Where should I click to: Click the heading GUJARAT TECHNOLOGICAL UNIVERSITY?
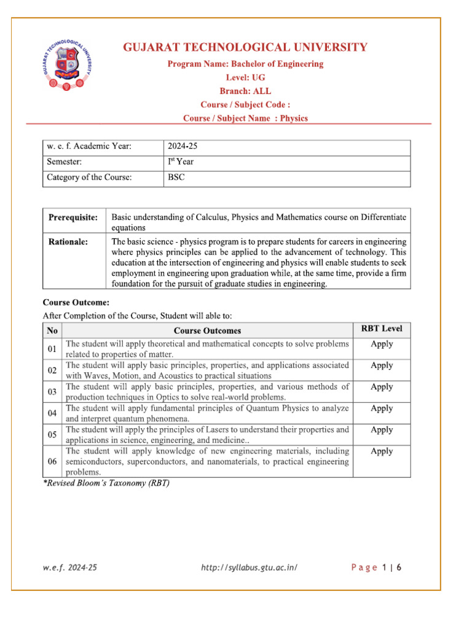(x=246, y=47)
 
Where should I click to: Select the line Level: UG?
(x=246, y=77)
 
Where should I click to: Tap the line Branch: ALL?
(x=246, y=91)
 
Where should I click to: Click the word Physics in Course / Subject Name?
(x=294, y=118)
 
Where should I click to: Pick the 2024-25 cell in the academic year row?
(x=183, y=146)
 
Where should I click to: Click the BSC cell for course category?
(x=176, y=178)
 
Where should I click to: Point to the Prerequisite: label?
(x=73, y=218)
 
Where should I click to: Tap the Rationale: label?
(x=68, y=241)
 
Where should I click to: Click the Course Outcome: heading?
(x=76, y=302)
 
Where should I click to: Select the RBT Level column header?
(x=382, y=329)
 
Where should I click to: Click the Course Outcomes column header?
(x=211, y=330)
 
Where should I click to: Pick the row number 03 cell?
(x=52, y=391)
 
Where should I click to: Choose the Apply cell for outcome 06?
(x=382, y=451)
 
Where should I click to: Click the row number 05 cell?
(x=52, y=434)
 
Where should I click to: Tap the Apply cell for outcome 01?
(x=382, y=344)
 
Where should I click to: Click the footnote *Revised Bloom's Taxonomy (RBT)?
(x=106, y=483)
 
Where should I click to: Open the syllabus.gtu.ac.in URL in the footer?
(x=250, y=568)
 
